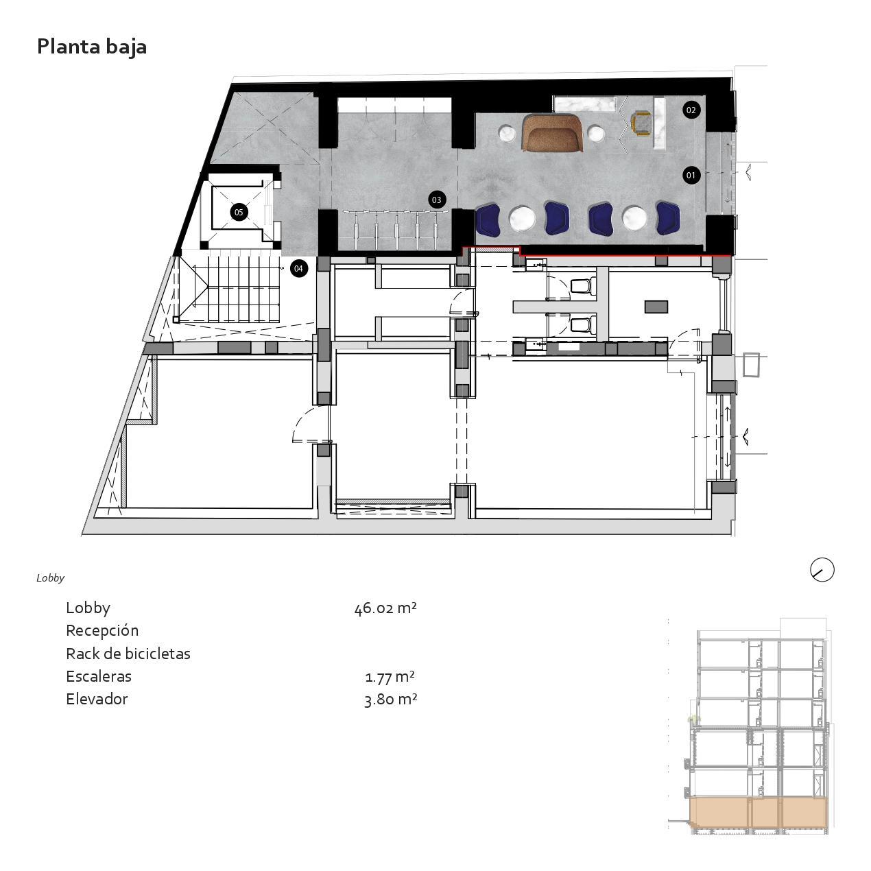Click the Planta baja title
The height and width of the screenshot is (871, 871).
point(92,47)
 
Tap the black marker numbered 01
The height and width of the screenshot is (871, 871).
point(691,175)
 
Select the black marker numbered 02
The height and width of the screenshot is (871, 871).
point(691,110)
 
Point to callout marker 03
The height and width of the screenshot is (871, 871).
point(436,200)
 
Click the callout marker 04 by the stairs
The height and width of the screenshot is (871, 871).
point(298,268)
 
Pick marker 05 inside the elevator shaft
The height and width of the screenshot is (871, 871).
point(239,212)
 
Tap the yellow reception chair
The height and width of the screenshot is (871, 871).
point(641,123)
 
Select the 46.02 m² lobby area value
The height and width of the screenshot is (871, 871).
point(385,608)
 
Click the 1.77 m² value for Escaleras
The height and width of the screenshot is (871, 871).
point(390,677)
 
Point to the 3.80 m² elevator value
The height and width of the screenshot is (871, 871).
point(390,700)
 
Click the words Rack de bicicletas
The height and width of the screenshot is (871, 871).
point(128,654)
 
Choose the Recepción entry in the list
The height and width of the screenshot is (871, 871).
point(102,631)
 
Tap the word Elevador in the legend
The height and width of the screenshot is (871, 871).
point(97,700)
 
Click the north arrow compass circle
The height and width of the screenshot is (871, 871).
point(822,569)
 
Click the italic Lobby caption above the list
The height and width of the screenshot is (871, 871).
point(51,578)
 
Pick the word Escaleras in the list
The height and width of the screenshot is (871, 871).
point(99,677)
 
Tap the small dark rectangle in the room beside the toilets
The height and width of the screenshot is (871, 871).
point(656,307)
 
